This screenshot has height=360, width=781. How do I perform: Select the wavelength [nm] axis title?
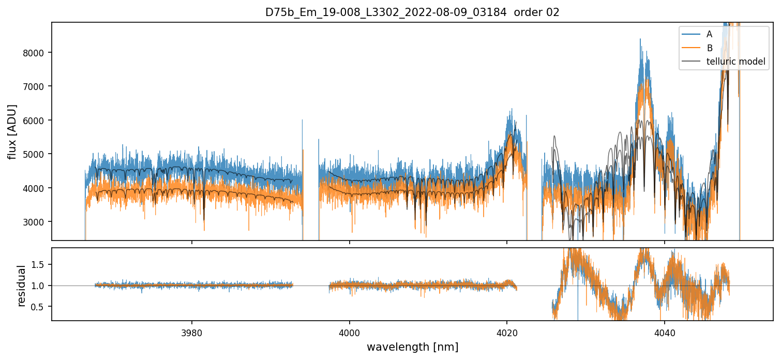(413, 347)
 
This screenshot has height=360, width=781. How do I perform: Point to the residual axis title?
(22, 286)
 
